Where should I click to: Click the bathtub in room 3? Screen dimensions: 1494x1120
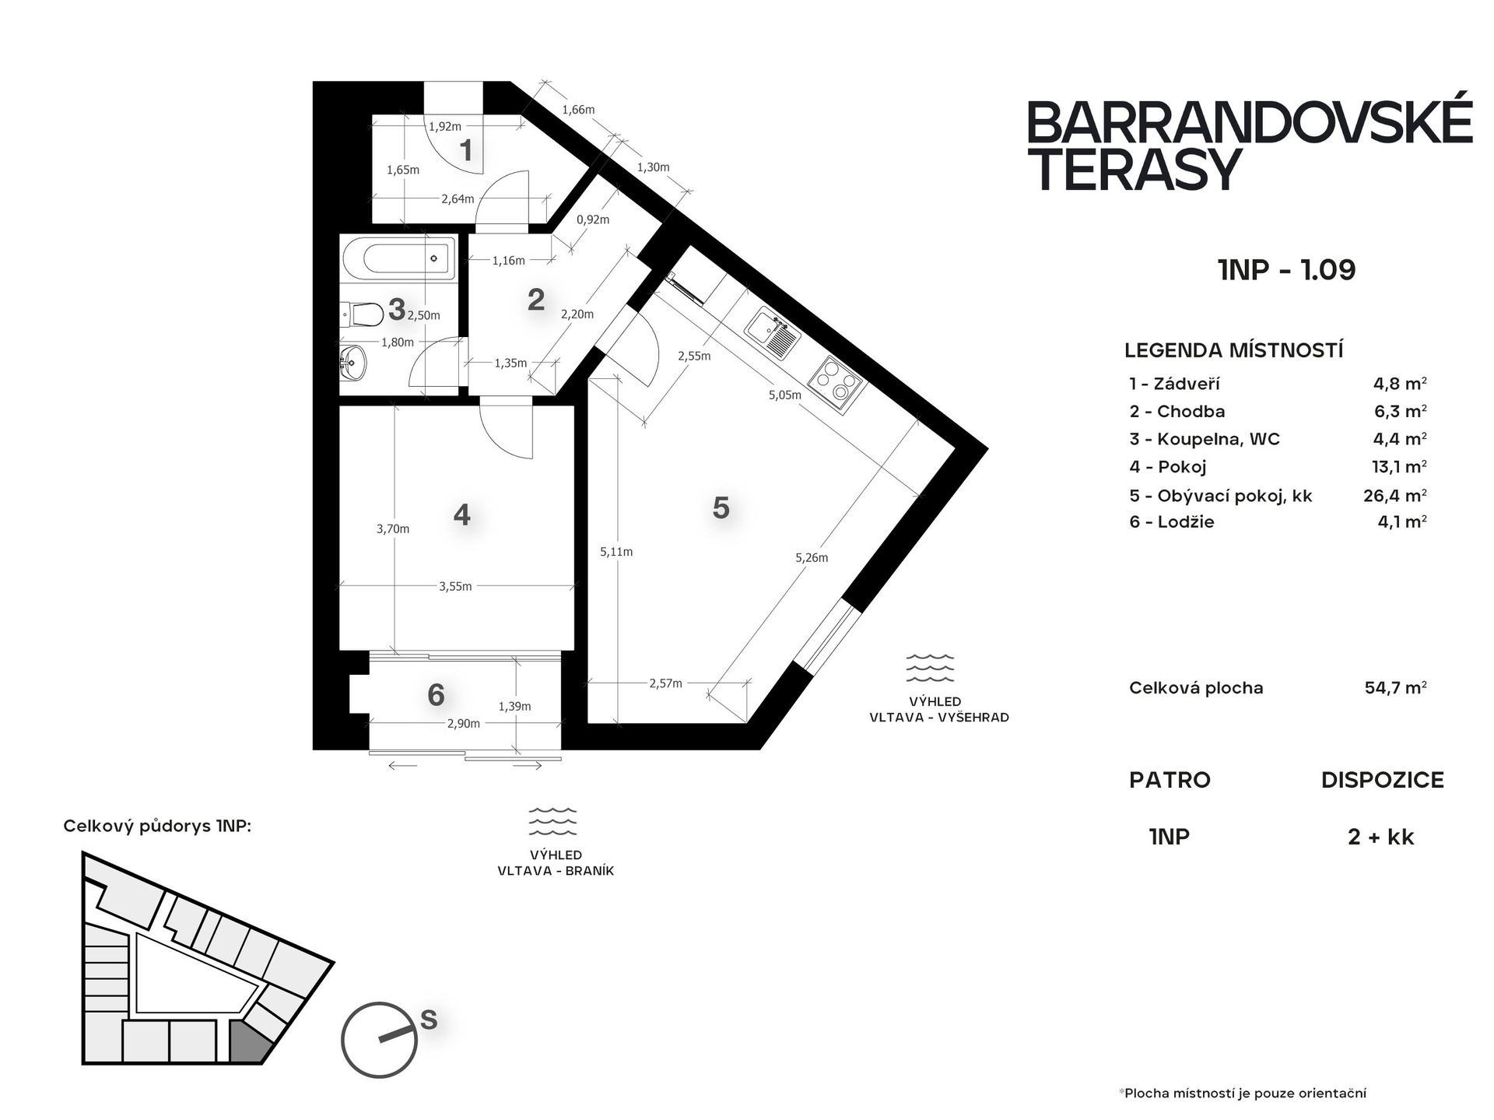point(398,258)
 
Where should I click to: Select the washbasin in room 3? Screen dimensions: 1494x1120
point(353,363)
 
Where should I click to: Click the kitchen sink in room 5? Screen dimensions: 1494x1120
point(772,333)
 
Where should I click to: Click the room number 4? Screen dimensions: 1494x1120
point(461,514)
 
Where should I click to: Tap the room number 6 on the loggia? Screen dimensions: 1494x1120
point(436,694)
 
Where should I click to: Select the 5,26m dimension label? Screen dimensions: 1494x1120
point(812,557)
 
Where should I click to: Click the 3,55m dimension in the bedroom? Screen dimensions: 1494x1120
point(455,586)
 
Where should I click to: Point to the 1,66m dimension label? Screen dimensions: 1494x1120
point(578,110)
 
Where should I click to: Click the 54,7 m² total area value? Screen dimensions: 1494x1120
point(1395,687)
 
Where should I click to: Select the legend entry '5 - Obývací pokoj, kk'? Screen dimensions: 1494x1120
point(1221,495)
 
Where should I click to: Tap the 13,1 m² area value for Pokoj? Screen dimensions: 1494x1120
point(1399,466)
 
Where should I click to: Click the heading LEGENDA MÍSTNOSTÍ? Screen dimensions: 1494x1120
point(1234,350)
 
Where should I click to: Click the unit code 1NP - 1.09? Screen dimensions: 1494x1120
point(1286,269)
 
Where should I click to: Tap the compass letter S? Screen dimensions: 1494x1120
point(428,1019)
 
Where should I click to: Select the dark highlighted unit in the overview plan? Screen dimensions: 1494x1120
point(248,1043)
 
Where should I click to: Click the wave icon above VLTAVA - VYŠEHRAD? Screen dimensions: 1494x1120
point(930,668)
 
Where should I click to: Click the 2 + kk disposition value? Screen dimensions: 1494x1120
point(1381,837)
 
